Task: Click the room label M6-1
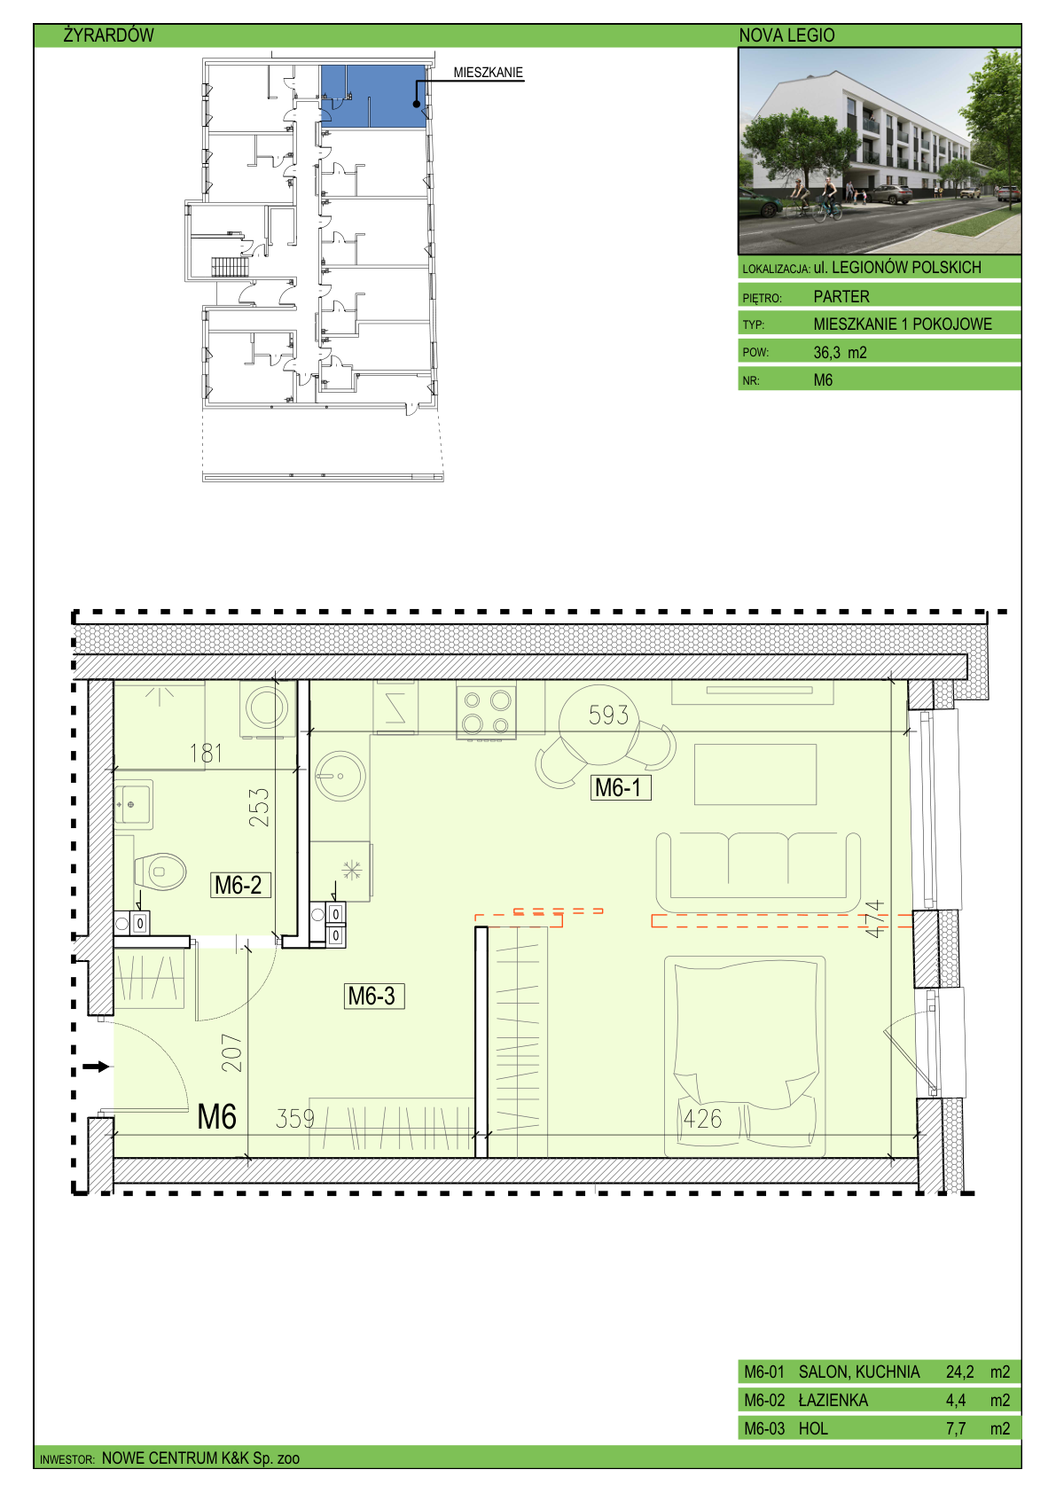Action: click(621, 788)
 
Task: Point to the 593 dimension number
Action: click(608, 715)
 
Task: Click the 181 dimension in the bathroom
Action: click(206, 754)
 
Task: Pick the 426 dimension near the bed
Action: click(702, 1119)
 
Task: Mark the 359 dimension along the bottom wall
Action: click(294, 1119)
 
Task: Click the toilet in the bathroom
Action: click(159, 872)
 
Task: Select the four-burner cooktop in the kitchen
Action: click(486, 713)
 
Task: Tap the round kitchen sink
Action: click(340, 777)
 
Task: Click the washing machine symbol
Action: click(267, 709)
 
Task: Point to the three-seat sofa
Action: click(758, 872)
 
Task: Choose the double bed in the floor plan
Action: click(745, 1057)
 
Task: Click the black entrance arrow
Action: click(96, 1067)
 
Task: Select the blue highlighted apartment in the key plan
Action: click(373, 96)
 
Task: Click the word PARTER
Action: click(841, 297)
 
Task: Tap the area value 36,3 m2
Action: click(840, 353)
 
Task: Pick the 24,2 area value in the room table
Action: click(959, 1372)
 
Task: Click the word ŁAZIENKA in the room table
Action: click(833, 1400)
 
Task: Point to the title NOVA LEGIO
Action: click(786, 35)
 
